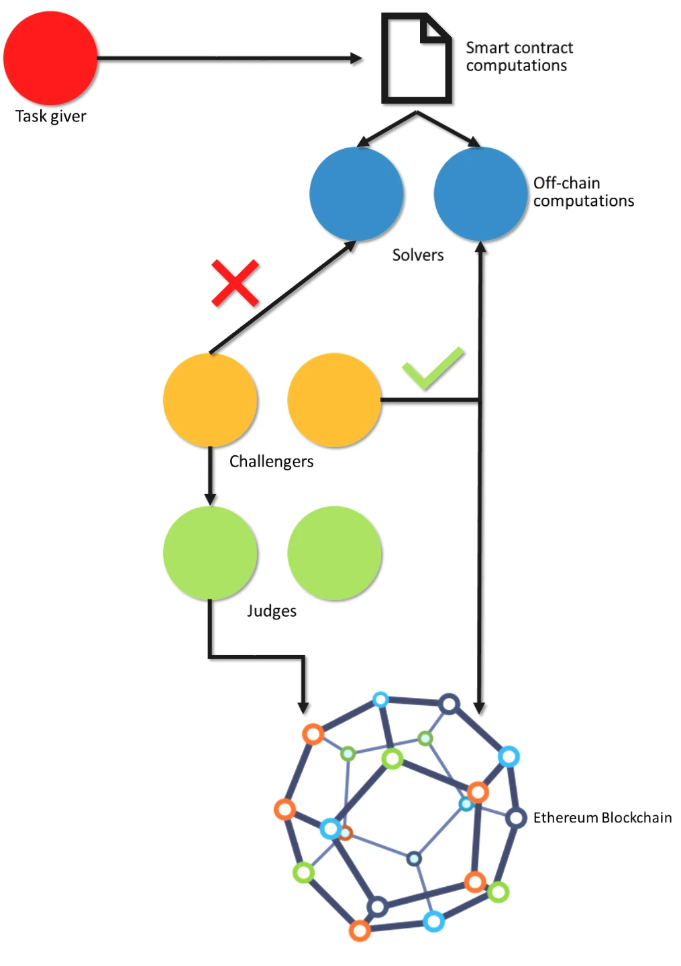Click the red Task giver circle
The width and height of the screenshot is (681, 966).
(x=50, y=58)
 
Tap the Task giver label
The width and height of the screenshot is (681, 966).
(x=51, y=117)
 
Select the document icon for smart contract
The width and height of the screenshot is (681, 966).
(x=417, y=58)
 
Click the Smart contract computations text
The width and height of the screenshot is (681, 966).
(x=519, y=56)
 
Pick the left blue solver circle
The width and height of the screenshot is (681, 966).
(x=356, y=194)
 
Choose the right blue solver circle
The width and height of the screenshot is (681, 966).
(x=480, y=194)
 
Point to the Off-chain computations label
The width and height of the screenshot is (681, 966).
(x=584, y=192)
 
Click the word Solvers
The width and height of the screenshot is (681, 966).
(x=418, y=255)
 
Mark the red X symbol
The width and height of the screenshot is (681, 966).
(x=235, y=284)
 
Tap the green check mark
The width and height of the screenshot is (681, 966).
(x=433, y=368)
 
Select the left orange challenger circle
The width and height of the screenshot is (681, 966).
(x=210, y=400)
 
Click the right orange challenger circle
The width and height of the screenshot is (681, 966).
(x=334, y=400)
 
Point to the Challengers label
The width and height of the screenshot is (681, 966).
(x=272, y=462)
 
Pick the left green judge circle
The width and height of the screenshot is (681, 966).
(x=210, y=553)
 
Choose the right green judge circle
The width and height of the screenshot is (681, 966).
(x=334, y=553)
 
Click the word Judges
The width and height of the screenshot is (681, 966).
(x=272, y=611)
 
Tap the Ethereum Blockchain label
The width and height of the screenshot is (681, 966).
(x=603, y=818)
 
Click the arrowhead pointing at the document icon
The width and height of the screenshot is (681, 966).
(x=356, y=58)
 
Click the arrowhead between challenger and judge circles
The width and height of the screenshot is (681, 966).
(x=210, y=499)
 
